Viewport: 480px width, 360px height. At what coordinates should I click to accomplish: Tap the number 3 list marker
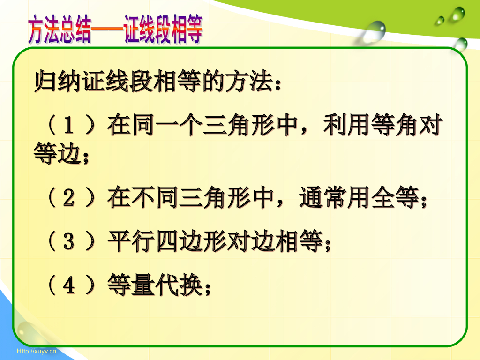click(68, 242)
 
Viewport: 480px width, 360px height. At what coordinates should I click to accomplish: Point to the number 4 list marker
click(68, 285)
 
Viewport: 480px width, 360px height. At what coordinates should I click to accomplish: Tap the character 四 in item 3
click(167, 242)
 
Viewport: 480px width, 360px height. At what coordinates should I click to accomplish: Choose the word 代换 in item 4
click(179, 285)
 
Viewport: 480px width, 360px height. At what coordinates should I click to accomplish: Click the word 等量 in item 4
click(131, 285)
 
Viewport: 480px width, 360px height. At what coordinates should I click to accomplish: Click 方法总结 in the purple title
click(59, 31)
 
